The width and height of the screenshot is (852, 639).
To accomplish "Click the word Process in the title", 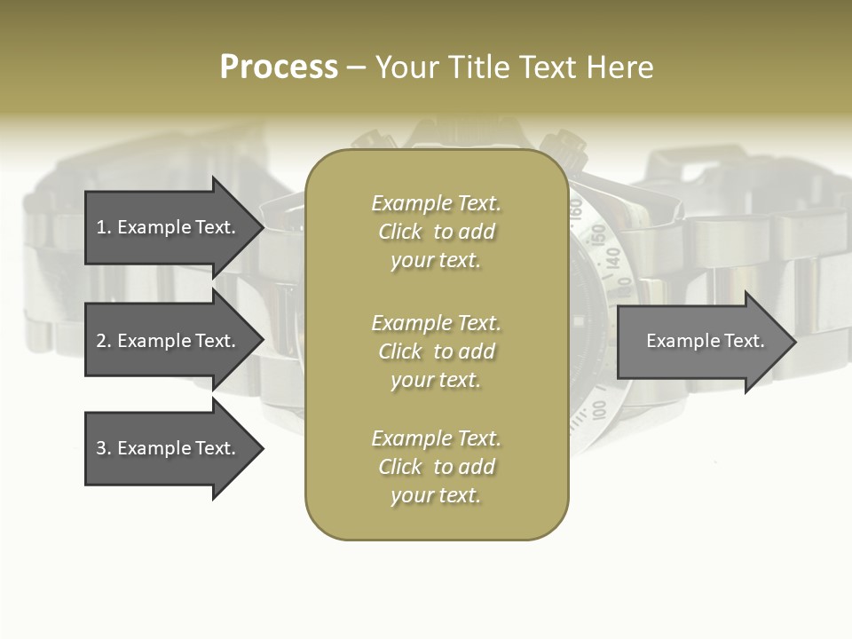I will (279, 67).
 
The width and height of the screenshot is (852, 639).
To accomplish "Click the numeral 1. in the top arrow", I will (104, 227).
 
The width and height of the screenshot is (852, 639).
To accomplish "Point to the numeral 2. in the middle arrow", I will (104, 341).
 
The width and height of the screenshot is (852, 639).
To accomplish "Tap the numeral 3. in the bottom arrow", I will (104, 448).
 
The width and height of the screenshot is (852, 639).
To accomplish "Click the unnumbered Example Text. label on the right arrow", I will (705, 341).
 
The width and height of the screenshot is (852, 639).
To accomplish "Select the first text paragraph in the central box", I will (436, 232).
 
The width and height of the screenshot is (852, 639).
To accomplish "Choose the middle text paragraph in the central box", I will (436, 351).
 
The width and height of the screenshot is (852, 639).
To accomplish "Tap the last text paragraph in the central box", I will (436, 467).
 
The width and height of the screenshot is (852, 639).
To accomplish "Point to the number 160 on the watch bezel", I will (575, 209).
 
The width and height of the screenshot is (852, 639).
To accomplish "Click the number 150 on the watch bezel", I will (598, 234).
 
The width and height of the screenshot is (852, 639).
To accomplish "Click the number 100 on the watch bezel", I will (598, 409).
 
